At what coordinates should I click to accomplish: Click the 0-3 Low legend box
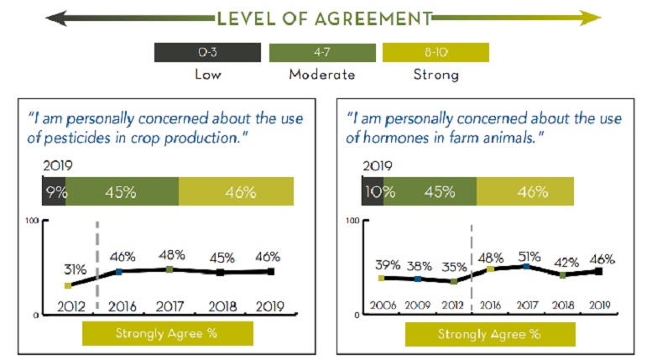tap(207, 52)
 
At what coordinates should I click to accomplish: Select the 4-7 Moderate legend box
tap(322, 52)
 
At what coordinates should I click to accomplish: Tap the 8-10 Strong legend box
tap(436, 52)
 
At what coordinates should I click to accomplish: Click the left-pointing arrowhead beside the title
tap(56, 18)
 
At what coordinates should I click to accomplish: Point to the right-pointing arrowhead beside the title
tap(591, 18)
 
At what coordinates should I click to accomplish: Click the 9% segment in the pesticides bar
tap(54, 191)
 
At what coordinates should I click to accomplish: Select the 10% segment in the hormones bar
tap(373, 191)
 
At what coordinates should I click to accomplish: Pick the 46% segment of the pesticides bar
tap(236, 191)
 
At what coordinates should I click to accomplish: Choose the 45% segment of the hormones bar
tap(430, 191)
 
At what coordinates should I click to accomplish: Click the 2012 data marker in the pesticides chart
tap(68, 285)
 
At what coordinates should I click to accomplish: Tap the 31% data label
tap(76, 270)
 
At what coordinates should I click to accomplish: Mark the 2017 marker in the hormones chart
tap(527, 266)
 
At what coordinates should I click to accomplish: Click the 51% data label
tap(529, 257)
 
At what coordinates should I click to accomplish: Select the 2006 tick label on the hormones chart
tap(383, 305)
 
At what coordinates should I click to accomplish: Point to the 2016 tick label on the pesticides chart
tap(123, 307)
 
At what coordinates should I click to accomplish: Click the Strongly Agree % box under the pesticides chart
tap(168, 333)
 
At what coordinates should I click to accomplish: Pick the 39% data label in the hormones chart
tap(388, 265)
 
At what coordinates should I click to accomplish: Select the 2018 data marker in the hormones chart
tap(562, 274)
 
